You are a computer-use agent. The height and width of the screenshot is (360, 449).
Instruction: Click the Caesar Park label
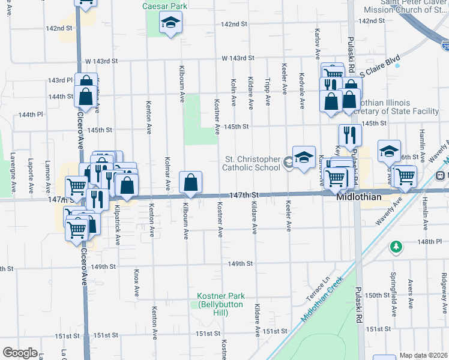click(165, 6)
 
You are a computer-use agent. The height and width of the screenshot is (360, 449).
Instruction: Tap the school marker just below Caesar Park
click(171, 24)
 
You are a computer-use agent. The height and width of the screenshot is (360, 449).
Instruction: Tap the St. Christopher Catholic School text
click(252, 164)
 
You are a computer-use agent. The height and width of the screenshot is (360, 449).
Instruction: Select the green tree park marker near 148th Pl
click(396, 246)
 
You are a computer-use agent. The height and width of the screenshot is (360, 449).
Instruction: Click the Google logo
click(20, 353)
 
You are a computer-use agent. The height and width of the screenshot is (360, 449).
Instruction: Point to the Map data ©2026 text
click(423, 355)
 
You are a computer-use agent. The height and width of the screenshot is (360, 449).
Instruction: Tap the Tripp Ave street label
click(267, 90)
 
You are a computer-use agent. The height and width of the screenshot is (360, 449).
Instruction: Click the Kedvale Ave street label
click(301, 90)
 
